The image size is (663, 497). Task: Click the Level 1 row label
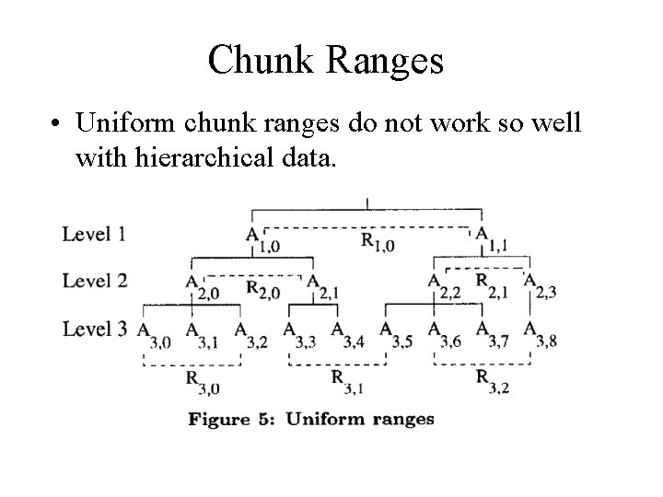click(94, 234)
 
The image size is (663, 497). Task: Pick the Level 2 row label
click(94, 281)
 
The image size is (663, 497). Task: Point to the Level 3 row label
click(94, 329)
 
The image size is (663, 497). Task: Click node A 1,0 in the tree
click(259, 239)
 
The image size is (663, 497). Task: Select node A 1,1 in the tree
click(488, 239)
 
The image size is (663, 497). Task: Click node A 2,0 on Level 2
click(200, 287)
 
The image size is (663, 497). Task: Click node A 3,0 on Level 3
click(152, 334)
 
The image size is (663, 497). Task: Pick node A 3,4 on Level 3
click(344, 334)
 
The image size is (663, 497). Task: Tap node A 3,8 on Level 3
click(538, 334)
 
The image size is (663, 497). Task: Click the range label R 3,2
click(489, 381)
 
